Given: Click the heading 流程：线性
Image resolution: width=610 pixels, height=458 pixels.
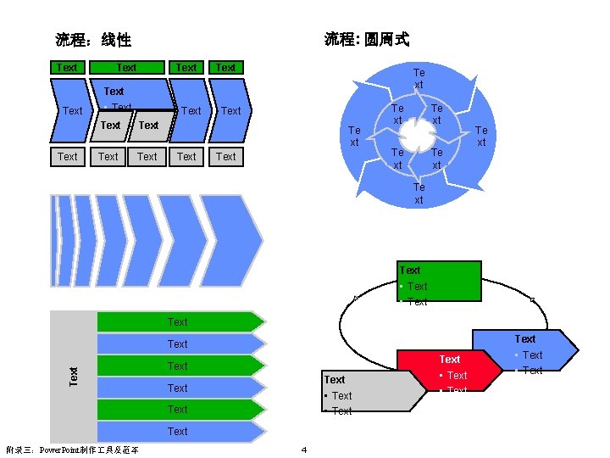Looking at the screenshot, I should click(93, 40).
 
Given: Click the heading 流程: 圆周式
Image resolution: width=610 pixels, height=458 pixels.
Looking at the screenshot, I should click(367, 39).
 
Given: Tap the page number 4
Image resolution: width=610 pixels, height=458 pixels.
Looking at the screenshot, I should click(303, 449).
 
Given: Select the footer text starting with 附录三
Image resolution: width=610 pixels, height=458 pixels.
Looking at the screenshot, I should click(72, 449).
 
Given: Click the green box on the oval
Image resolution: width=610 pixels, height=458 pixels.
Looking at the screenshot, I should click(440, 281).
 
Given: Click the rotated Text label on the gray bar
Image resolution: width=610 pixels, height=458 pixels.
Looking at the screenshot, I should click(74, 372).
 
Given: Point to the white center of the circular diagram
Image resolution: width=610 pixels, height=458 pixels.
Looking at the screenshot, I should click(417, 136).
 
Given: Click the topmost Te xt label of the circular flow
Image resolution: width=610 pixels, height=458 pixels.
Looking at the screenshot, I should click(418, 79).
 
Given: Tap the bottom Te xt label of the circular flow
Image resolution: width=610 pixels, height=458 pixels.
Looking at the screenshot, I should click(419, 193).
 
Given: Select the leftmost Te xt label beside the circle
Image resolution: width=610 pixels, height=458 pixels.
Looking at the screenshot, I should click(355, 136).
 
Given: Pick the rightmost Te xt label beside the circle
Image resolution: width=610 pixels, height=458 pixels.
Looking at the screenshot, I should click(481, 136).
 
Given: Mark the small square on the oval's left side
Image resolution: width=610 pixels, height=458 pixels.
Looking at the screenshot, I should click(355, 298).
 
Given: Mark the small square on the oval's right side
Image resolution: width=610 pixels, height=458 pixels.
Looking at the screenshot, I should click(532, 299).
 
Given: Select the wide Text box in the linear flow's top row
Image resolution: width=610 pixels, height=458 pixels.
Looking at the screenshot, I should click(126, 68).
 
